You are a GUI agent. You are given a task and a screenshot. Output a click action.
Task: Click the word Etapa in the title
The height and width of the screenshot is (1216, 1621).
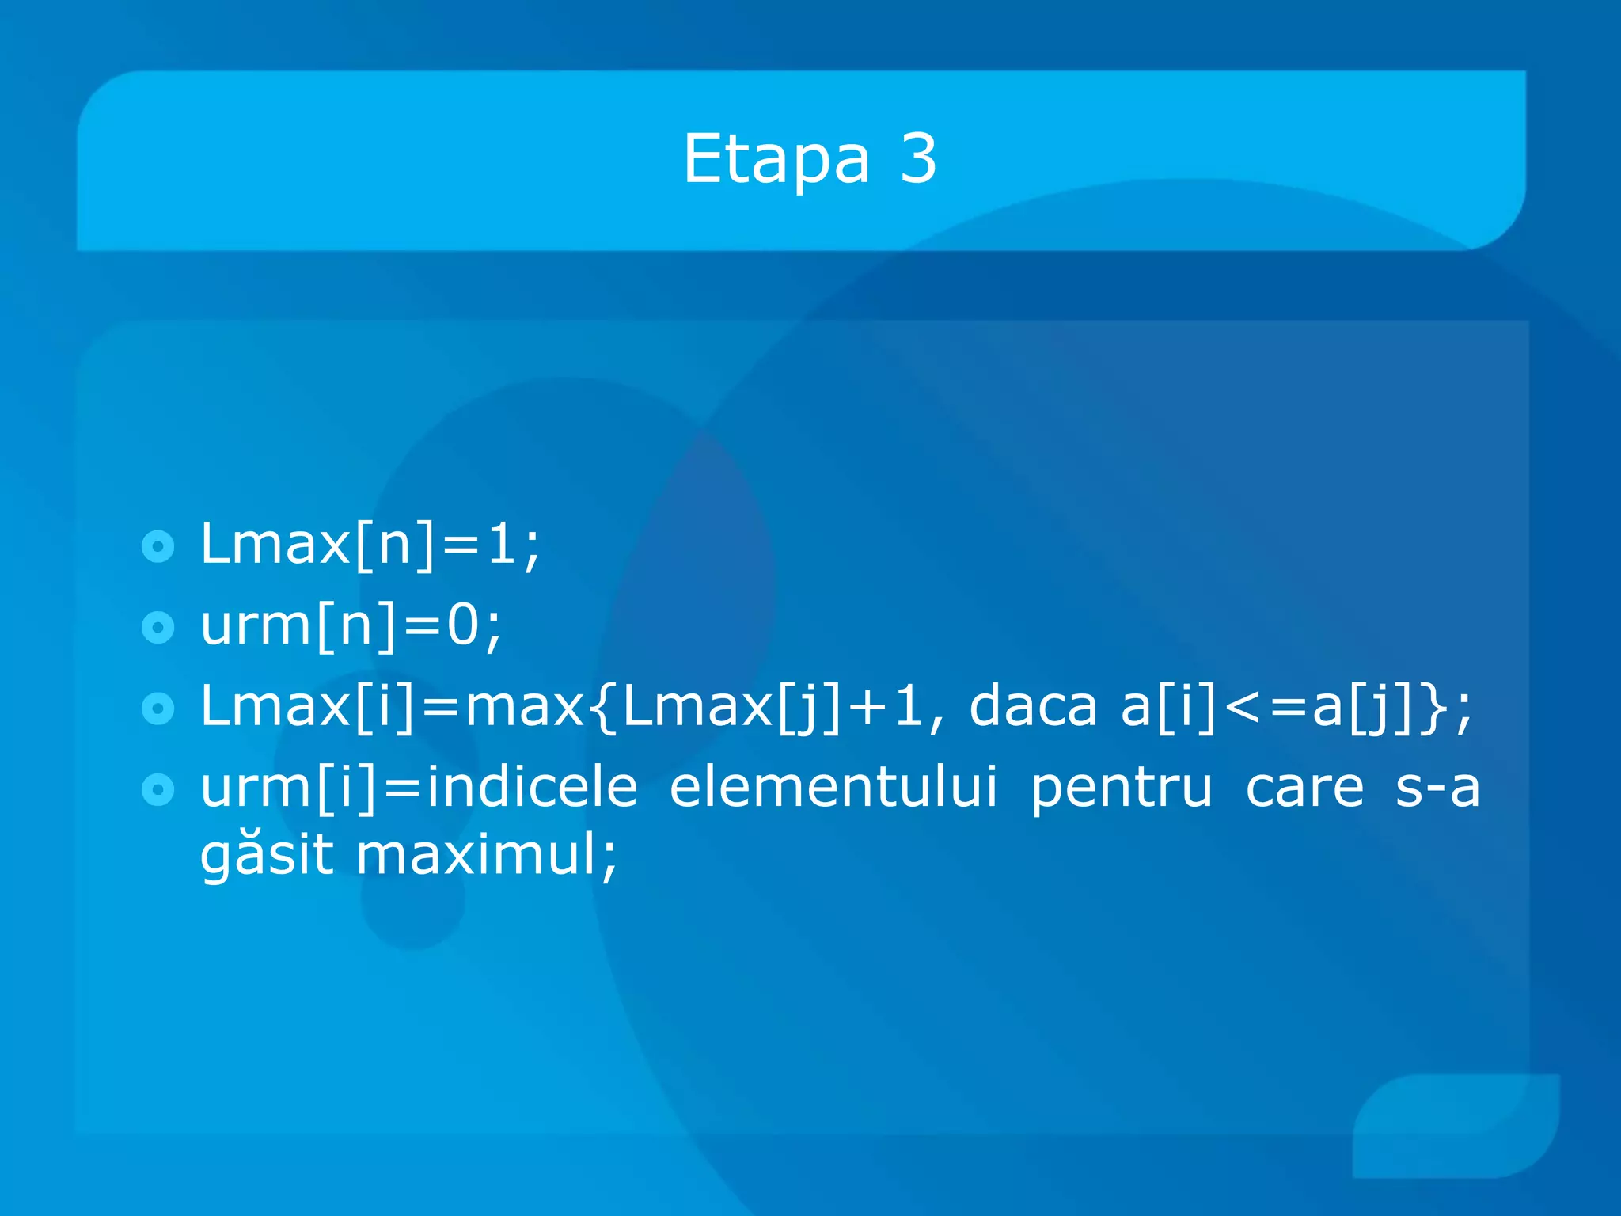[x=776, y=160]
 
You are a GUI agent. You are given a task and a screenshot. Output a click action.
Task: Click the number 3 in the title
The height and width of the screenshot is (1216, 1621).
[x=918, y=160]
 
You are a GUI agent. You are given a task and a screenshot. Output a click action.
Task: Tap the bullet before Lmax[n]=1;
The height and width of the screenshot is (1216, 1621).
[x=158, y=546]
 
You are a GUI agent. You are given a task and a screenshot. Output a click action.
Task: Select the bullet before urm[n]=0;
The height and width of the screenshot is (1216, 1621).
[x=158, y=628]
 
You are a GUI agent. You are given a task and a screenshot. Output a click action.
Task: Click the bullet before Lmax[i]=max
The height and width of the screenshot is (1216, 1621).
[x=158, y=709]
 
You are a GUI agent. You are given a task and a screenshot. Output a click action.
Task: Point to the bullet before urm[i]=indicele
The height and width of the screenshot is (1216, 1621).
[x=158, y=789]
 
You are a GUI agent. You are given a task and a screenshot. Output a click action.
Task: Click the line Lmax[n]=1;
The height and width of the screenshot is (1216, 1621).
[x=370, y=545]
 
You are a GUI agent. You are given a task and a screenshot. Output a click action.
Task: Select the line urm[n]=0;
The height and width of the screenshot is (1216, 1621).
[x=351, y=626]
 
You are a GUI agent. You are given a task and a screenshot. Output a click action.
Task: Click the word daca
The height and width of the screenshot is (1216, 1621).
[x=1032, y=706]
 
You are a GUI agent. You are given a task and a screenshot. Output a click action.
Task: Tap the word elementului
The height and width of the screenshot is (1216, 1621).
[x=833, y=788]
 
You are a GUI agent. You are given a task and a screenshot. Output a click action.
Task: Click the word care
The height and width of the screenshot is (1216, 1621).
[x=1304, y=788]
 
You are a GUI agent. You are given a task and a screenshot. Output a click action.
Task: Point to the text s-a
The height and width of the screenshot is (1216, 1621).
[x=1437, y=788]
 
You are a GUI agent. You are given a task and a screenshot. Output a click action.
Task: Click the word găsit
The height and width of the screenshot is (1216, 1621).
[x=267, y=857]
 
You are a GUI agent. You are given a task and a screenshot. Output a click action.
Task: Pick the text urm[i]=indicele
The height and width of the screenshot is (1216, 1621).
[x=419, y=788]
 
